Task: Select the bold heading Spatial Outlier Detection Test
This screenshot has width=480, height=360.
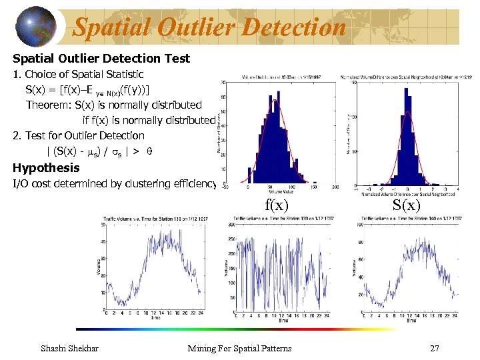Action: (x=101, y=59)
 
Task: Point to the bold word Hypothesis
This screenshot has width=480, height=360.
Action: (x=46, y=168)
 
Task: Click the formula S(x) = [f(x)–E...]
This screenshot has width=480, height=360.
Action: (x=87, y=89)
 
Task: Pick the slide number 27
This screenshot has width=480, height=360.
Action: (x=434, y=348)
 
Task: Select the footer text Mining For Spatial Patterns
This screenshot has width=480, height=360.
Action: (x=239, y=348)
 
